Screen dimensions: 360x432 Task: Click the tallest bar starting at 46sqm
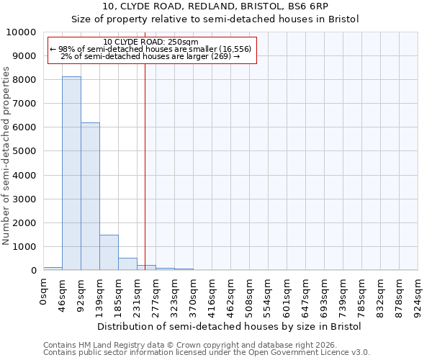click(71, 173)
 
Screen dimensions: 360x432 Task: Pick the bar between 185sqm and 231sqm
click(127, 264)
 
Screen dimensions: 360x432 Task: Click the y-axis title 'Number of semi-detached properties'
click(7, 156)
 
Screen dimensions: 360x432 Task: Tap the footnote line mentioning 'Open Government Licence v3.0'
click(207, 353)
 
